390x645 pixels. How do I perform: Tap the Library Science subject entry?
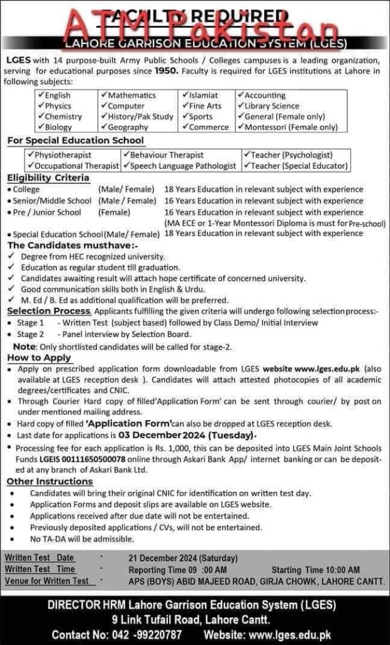point(271,106)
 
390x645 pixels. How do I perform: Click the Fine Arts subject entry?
point(204,106)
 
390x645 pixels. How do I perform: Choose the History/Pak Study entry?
point(140,117)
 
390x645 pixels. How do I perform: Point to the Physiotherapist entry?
point(62,155)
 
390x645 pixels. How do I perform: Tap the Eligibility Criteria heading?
point(48,178)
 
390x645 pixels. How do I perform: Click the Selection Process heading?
point(49,311)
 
